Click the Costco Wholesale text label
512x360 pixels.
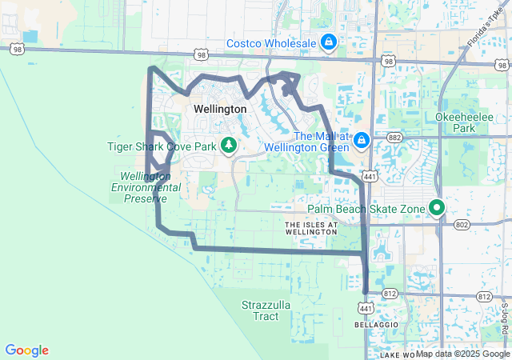(x=271, y=42)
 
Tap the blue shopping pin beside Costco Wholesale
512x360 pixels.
(x=328, y=41)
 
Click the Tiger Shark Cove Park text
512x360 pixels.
(x=162, y=146)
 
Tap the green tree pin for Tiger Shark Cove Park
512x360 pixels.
(x=230, y=144)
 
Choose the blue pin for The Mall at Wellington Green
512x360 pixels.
(x=362, y=140)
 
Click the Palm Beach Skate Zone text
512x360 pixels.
(x=366, y=210)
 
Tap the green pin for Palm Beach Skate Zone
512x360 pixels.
(x=437, y=207)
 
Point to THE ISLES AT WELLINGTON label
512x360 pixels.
(x=312, y=228)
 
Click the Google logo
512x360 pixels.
(x=26, y=350)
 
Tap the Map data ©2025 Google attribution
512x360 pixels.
(x=462, y=354)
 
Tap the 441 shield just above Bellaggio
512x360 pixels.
(x=365, y=308)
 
